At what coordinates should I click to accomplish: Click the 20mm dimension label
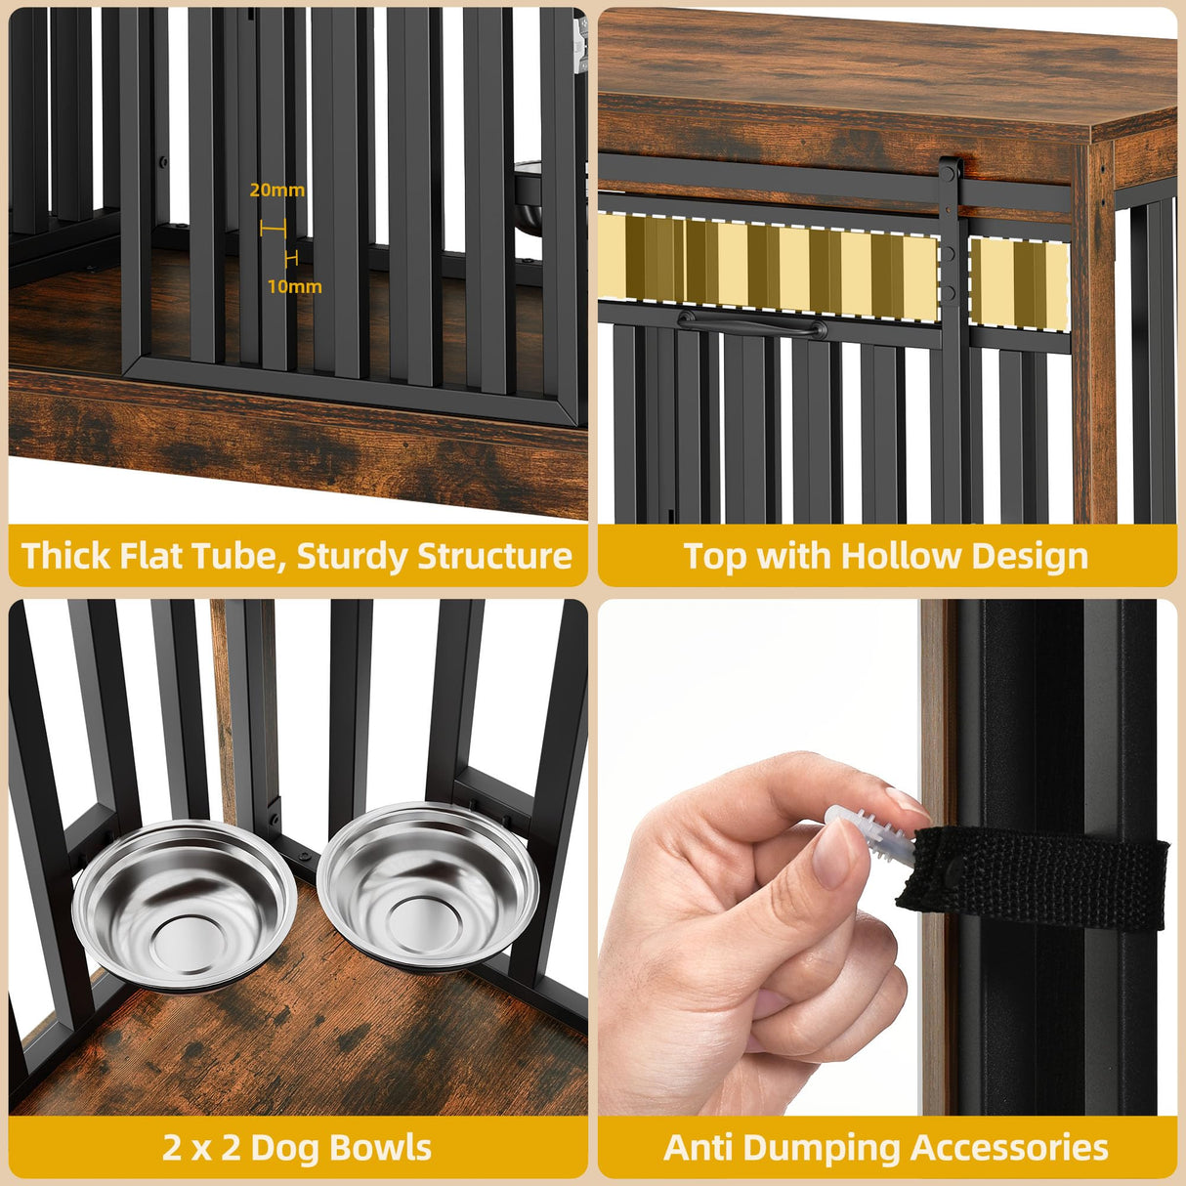click(276, 190)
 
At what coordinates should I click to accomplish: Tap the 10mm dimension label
click(294, 286)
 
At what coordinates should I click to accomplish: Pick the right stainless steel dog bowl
click(428, 884)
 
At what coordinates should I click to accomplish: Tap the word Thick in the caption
click(66, 556)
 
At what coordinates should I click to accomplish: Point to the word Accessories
click(1010, 1147)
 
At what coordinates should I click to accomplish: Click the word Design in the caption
click(1030, 556)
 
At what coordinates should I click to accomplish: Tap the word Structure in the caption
click(494, 556)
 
